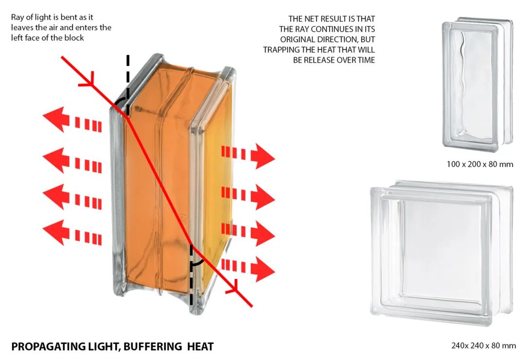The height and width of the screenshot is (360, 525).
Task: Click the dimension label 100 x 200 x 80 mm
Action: pyautogui.click(x=480, y=164)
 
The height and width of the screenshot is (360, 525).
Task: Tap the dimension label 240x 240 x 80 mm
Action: pyautogui.click(x=484, y=345)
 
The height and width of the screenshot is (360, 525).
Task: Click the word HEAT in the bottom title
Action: pyautogui.click(x=200, y=346)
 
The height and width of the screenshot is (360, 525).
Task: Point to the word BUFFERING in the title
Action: pyautogui.click(x=152, y=346)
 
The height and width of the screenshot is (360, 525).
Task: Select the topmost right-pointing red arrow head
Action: pyautogui.click(x=262, y=156)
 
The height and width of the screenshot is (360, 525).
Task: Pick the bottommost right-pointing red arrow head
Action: pyautogui.click(x=262, y=269)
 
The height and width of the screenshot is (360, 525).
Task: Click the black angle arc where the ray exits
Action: pyautogui.click(x=197, y=263)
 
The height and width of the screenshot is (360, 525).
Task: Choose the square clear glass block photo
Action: pyautogui.click(x=441, y=253)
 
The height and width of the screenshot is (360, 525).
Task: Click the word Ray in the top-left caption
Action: pyautogui.click(x=17, y=17)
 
